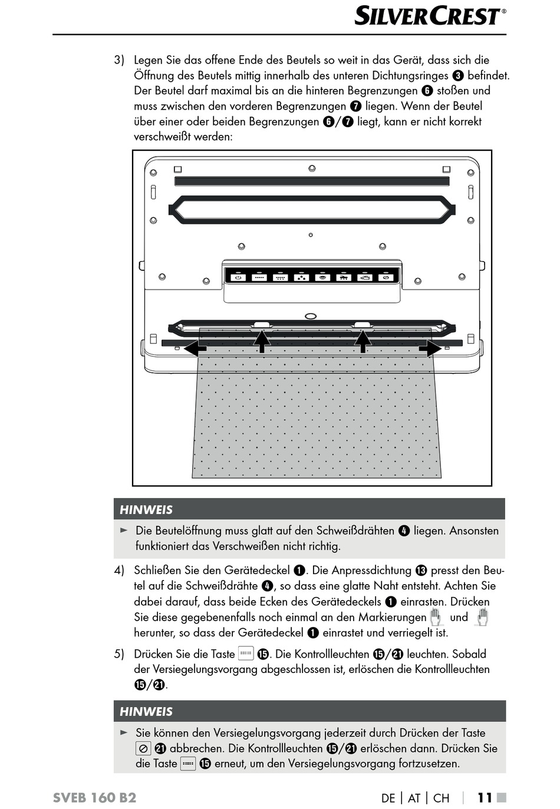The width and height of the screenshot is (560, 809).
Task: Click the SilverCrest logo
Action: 430,16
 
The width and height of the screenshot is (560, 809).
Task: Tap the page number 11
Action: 485,798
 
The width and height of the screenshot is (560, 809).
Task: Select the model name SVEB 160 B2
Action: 94,798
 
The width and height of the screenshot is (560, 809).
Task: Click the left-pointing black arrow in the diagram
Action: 195,349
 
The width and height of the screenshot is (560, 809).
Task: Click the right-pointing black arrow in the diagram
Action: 430,349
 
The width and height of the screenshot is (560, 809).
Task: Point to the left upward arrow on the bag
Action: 262,341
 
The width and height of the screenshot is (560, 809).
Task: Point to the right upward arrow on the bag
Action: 363,341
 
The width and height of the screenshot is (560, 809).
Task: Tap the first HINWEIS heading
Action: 146,510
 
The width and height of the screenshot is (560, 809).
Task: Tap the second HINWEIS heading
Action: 146,711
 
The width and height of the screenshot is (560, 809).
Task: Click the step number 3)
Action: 119,60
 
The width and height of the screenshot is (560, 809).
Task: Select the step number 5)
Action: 119,654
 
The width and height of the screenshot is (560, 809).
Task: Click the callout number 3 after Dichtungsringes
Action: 458,76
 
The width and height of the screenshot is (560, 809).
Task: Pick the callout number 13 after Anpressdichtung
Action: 421,571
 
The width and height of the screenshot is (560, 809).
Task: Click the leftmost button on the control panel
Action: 238,277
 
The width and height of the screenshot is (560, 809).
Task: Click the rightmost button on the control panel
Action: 386,277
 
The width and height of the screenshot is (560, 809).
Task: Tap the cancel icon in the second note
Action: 143,748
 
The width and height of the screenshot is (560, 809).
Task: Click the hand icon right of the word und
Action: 482,617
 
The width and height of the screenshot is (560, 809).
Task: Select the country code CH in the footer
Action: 441,798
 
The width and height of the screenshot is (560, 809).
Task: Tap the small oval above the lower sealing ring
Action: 311,316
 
